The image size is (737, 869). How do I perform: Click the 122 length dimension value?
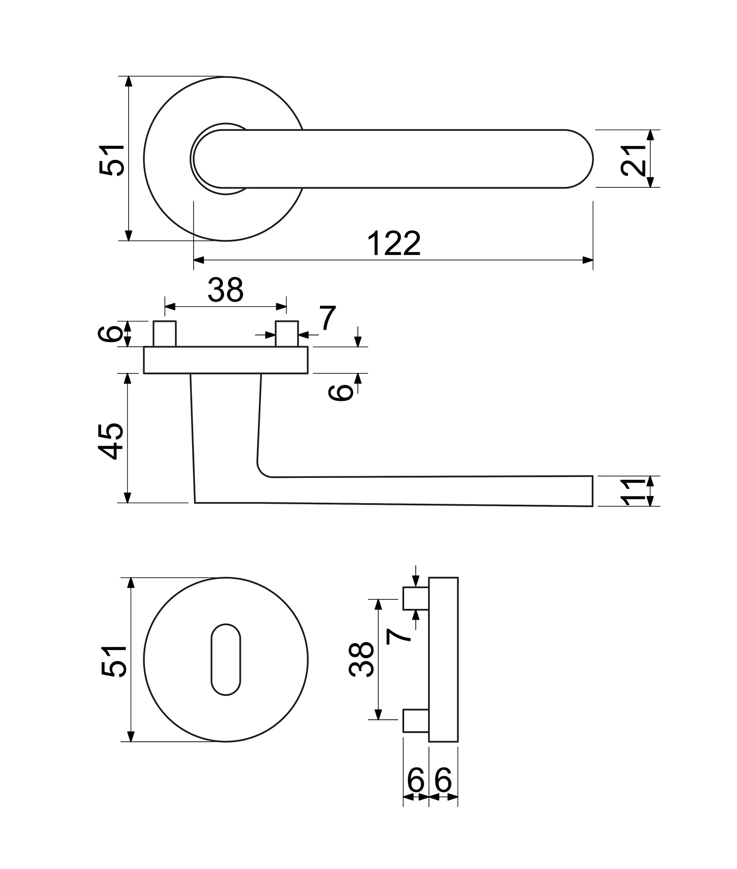[x=393, y=243]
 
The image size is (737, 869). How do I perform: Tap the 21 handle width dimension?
[x=632, y=159]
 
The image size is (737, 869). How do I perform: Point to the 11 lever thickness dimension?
[x=632, y=492]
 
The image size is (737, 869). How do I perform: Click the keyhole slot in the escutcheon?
[x=226, y=659]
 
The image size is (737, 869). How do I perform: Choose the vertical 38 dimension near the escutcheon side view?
[x=361, y=659]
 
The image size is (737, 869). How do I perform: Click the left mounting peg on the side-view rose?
[x=165, y=334]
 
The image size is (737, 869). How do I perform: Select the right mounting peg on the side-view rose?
[x=287, y=334]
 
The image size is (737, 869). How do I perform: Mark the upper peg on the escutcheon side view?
[x=415, y=598]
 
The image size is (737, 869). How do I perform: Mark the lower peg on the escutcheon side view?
[x=415, y=720]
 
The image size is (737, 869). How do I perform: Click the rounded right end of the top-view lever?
[x=580, y=159]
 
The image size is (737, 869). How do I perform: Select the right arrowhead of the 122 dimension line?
[x=588, y=260]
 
